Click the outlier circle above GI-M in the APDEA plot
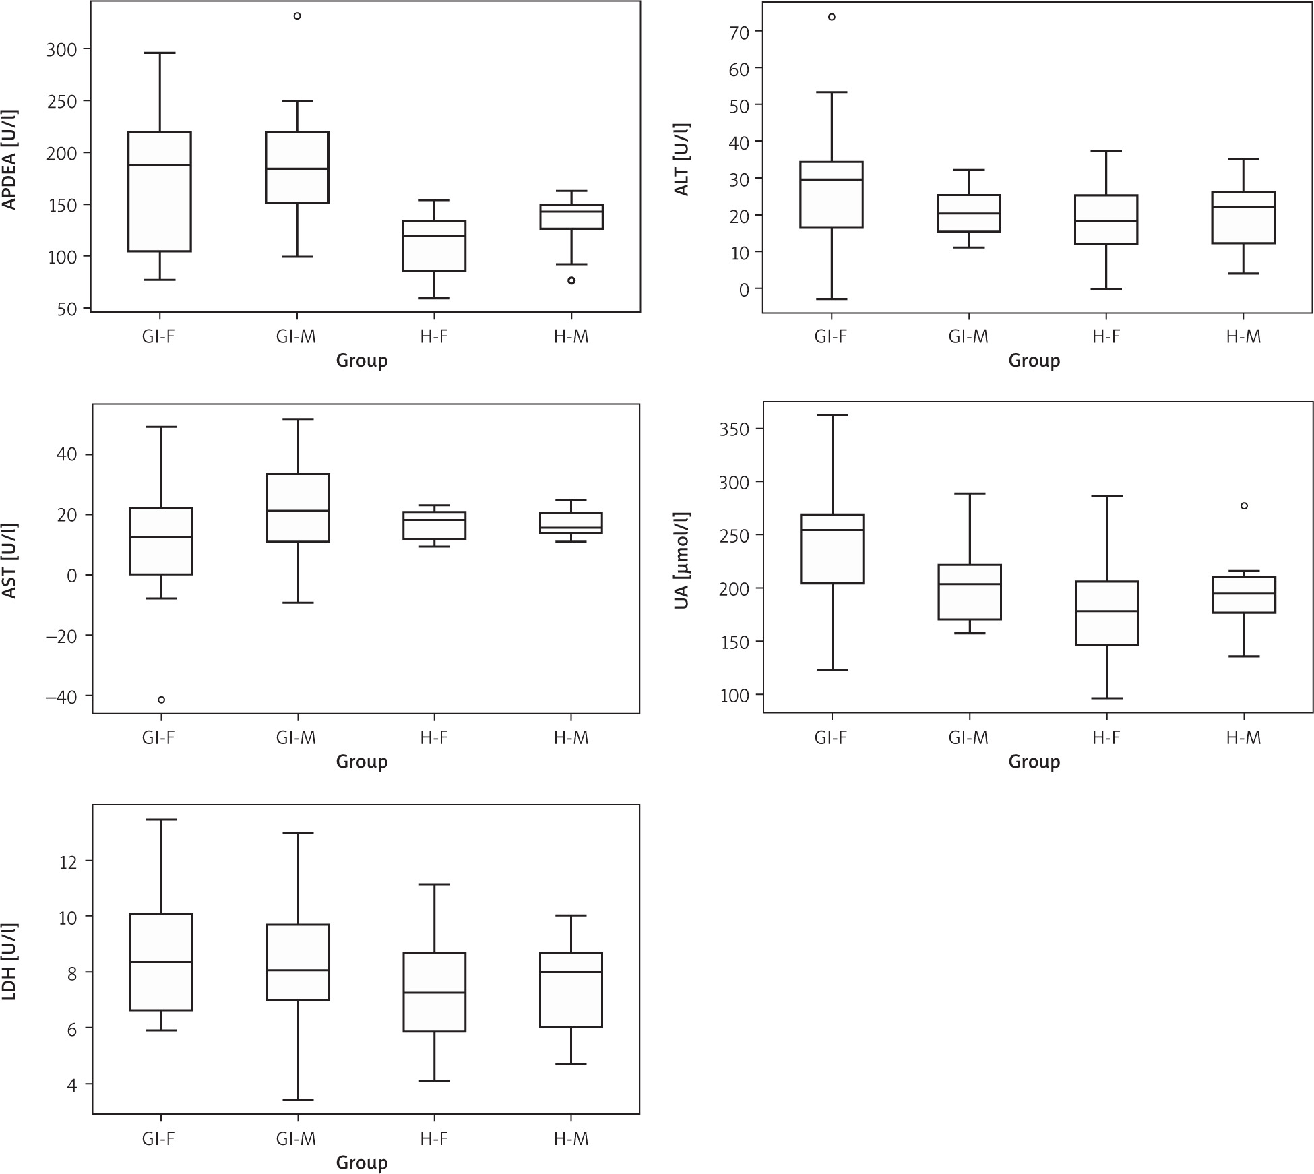point(297,16)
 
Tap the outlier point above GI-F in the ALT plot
point(832,17)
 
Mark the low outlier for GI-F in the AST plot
point(161,700)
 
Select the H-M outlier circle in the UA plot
point(1244,505)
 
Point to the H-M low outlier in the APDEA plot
point(571,280)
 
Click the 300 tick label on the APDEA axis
point(61,49)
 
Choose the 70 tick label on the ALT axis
point(739,32)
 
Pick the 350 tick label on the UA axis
point(734,429)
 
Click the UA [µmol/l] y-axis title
point(681,561)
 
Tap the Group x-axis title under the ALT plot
point(1034,361)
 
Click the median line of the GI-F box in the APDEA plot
point(160,165)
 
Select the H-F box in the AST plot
point(435,526)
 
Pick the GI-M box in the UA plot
point(970,592)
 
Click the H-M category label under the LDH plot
point(571,1139)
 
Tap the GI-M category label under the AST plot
point(296,738)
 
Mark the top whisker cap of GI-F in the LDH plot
point(161,820)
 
